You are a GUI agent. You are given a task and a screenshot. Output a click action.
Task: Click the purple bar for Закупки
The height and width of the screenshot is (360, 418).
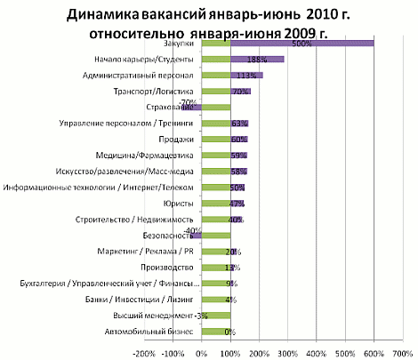point(302,43)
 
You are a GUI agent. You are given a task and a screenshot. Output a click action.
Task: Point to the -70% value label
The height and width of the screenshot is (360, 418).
point(189,100)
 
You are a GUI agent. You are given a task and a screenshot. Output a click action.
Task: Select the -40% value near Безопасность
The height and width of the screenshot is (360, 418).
point(190,229)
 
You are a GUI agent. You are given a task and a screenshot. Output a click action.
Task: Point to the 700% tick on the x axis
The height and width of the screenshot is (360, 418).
point(402,353)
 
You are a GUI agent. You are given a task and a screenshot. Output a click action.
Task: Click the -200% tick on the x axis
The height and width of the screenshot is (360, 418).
point(145,353)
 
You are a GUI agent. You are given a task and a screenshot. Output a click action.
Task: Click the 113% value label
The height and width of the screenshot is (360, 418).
point(238,76)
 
